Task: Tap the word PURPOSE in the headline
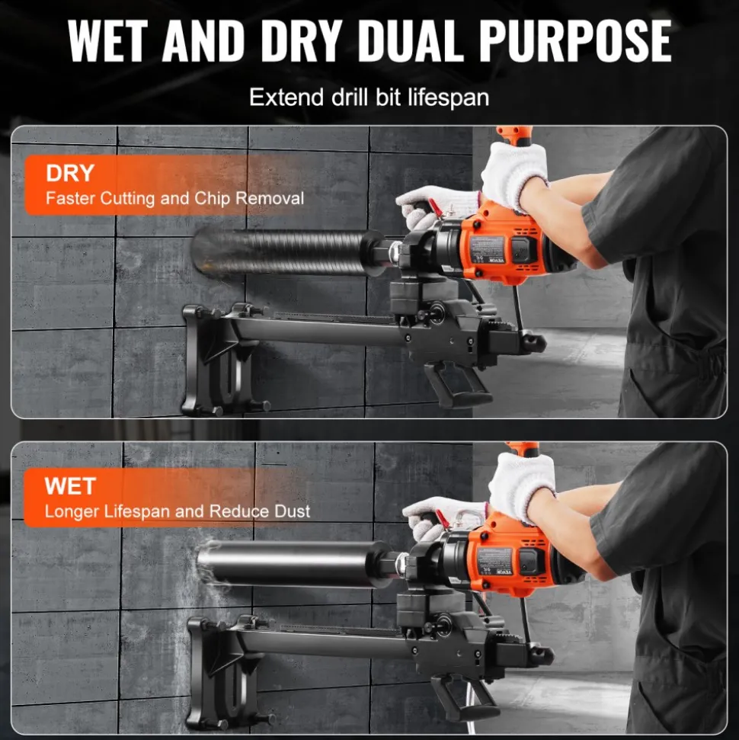point(576,41)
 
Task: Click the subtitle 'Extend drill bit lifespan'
point(369,98)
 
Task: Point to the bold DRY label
point(70,173)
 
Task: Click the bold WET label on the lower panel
point(70,486)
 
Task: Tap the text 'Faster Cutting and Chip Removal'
point(174,198)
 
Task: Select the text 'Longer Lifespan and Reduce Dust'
point(177,511)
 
